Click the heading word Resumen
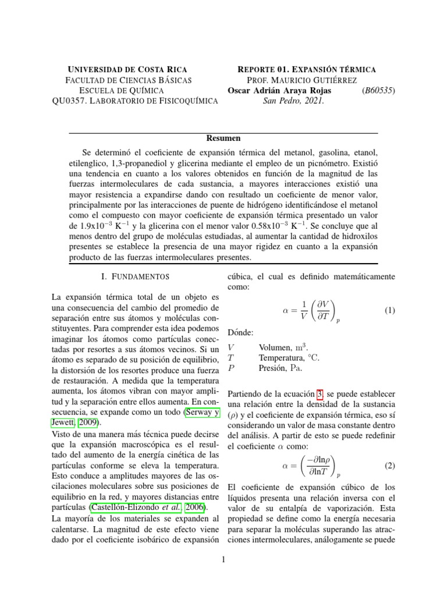(x=223, y=139)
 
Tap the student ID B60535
(x=378, y=90)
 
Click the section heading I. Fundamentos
(x=135, y=276)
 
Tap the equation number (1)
(x=390, y=311)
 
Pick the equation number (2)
(x=390, y=466)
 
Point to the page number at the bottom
(x=223, y=560)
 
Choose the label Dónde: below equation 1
(x=240, y=332)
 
